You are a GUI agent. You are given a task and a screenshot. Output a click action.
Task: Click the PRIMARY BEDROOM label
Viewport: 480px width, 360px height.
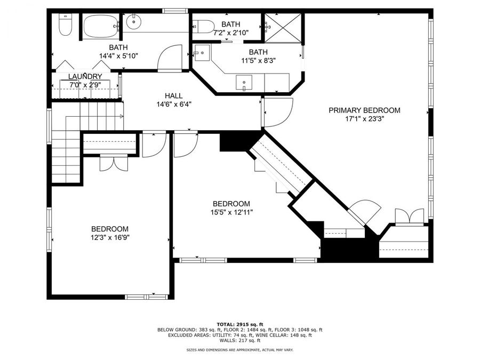tap(364, 110)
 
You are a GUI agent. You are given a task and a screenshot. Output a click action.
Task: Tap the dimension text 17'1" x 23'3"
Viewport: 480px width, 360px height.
tap(364, 119)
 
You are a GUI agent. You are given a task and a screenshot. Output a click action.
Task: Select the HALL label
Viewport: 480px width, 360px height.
tap(174, 96)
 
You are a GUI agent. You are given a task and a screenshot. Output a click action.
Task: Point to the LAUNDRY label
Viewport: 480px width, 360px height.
tap(85, 77)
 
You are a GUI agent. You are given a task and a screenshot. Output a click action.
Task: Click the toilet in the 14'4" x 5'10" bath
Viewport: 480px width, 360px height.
tap(65, 25)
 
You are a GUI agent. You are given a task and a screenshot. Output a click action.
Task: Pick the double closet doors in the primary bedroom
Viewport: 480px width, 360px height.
tap(409, 217)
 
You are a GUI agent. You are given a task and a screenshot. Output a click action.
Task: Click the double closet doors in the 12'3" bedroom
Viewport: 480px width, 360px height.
tap(114, 163)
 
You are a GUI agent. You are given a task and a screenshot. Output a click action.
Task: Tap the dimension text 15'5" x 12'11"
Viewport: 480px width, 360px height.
tap(231, 212)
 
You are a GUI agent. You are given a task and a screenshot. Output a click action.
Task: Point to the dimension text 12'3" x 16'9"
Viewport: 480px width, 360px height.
tap(110, 237)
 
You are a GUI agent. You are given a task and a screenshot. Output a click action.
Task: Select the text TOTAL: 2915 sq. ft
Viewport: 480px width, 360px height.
tap(239, 324)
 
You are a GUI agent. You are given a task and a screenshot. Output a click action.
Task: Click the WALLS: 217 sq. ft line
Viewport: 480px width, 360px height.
tap(239, 340)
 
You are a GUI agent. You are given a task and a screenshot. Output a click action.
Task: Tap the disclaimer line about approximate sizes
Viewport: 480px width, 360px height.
tap(239, 350)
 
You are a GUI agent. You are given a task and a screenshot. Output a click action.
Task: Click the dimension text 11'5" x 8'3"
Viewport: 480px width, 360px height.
tap(258, 61)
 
